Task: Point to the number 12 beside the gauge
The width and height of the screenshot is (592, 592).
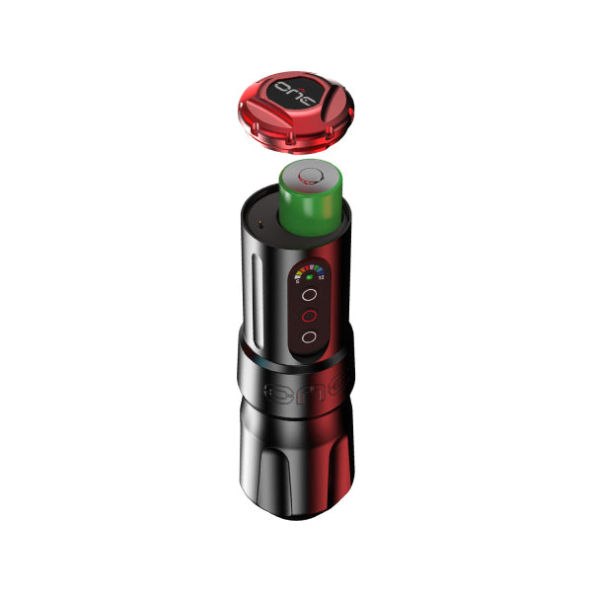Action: click(x=322, y=277)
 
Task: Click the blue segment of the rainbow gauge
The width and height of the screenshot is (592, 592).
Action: click(x=318, y=268)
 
